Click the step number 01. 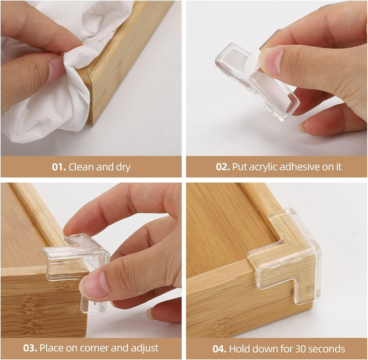click(59, 167)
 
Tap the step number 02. click(223, 167)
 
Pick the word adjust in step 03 click(145, 348)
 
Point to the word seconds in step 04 click(325, 349)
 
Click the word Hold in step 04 click(238, 349)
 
